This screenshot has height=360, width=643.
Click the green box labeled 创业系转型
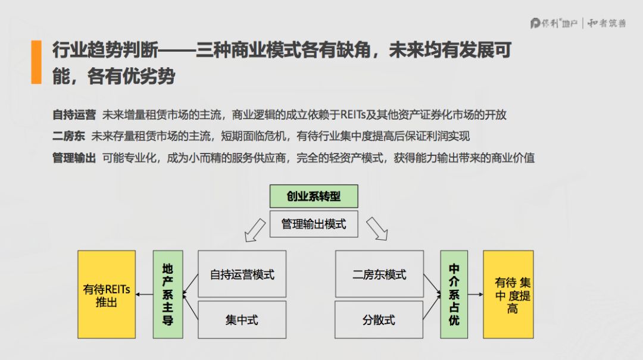314,196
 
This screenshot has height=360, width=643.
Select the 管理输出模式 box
314,224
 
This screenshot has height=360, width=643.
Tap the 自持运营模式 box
242,274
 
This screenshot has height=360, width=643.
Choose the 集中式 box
242,320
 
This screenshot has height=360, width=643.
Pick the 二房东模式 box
379,274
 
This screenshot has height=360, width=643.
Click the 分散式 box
379,320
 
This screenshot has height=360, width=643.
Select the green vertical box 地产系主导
168,295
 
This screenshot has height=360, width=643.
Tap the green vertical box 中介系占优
454,295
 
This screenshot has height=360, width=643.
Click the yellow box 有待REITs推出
107,295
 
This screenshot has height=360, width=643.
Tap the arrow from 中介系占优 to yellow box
475,295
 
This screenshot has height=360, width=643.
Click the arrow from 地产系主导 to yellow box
143,295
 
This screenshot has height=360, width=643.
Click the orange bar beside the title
36,62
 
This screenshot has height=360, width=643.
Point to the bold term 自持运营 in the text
74,115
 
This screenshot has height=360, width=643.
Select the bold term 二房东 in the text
68,136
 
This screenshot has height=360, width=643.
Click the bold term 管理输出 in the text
74,158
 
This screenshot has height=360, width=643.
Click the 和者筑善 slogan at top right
607,23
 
